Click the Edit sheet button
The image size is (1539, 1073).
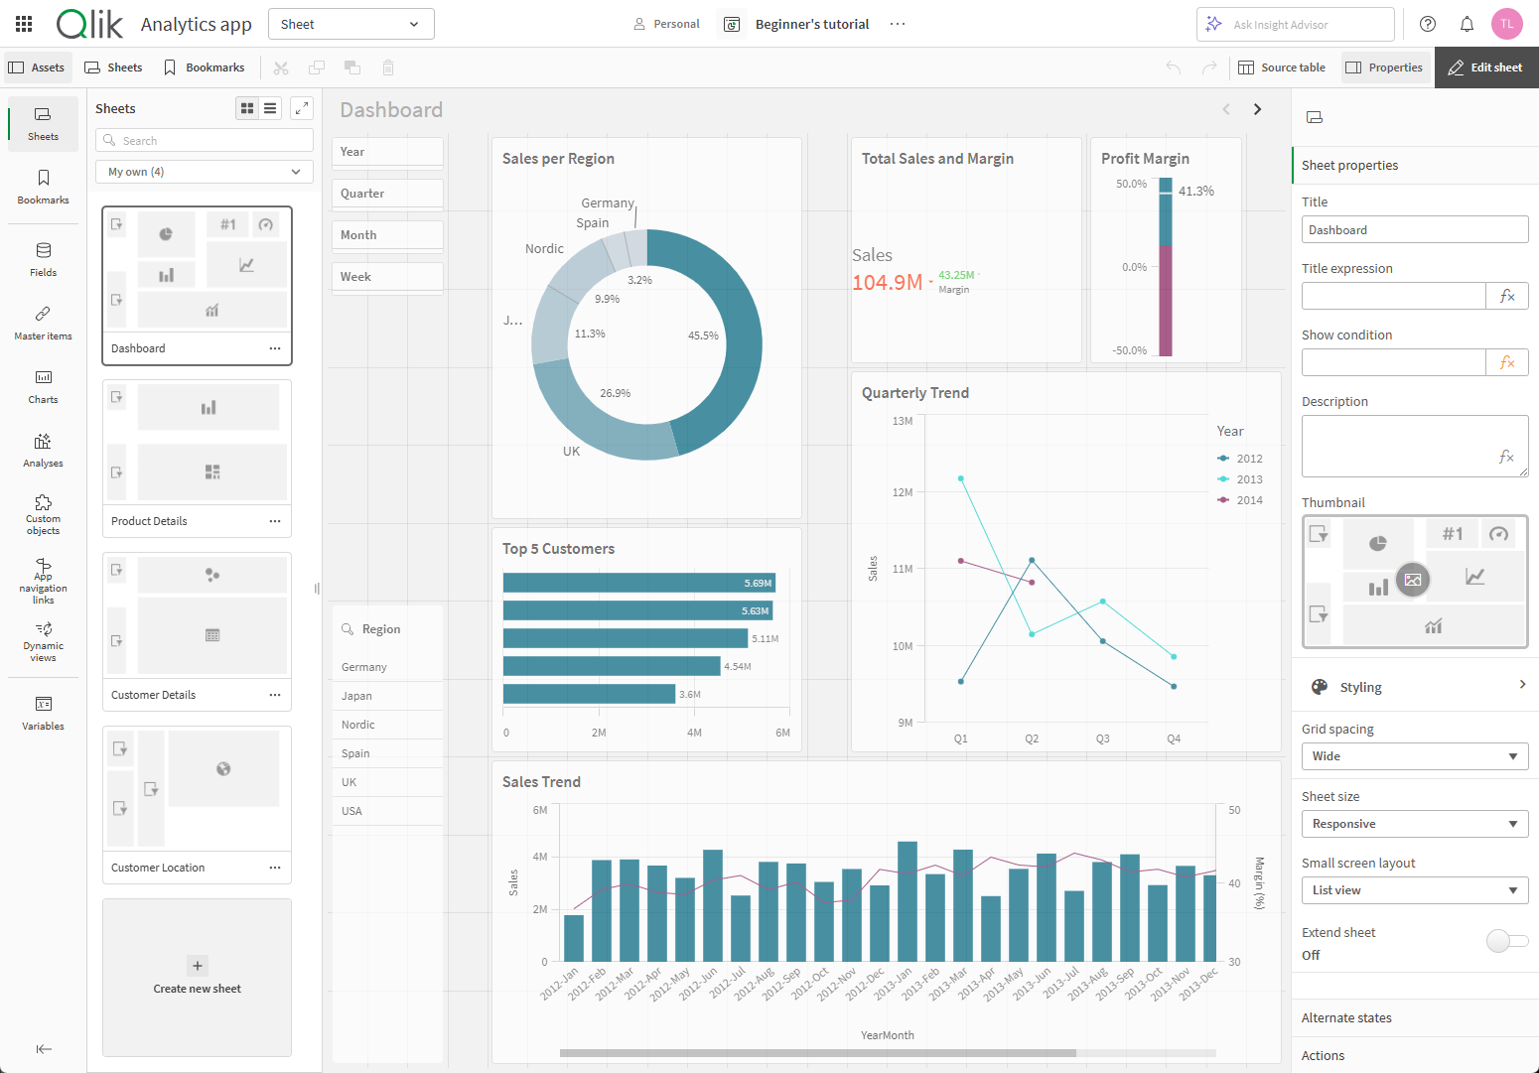pos(1485,67)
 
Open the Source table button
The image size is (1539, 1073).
pos(1282,67)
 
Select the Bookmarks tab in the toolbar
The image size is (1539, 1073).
pos(205,67)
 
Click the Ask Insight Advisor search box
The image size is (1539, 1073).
pos(1295,25)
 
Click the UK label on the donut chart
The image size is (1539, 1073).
pos(571,451)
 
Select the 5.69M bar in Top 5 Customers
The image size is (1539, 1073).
pos(637,583)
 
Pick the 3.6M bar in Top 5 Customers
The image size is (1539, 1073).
pos(589,694)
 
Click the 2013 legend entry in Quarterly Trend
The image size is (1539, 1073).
pos(1249,479)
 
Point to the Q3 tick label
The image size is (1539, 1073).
pos(1102,738)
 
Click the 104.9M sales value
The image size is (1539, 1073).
pos(887,283)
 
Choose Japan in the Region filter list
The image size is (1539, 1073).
pos(357,696)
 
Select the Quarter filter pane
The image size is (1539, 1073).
pos(386,194)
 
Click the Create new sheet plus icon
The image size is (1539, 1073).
pos(197,966)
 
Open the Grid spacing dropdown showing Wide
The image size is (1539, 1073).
pos(1414,756)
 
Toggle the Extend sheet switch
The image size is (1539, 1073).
pos(1506,941)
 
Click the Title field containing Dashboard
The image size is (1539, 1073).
pos(1414,230)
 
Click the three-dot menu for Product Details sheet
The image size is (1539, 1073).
pos(275,521)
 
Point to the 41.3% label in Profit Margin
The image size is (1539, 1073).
pos(1195,192)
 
